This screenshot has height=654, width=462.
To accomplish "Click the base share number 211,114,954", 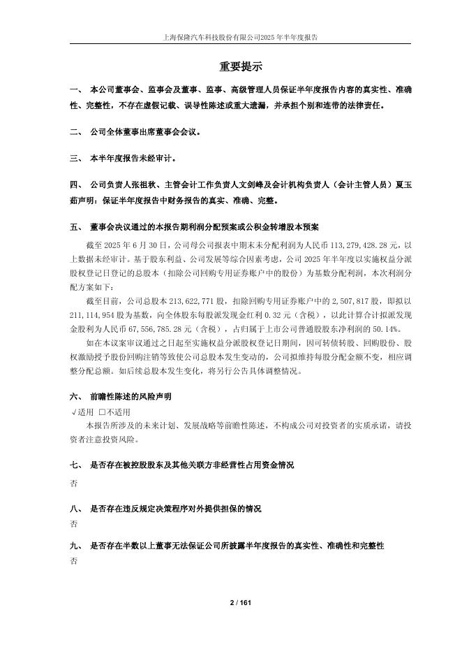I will click(100, 312).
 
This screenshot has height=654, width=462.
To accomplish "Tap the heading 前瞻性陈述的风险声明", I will click(131, 395).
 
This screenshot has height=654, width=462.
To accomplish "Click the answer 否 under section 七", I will click(74, 483).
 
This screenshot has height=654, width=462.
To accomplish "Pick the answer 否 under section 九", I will click(74, 562).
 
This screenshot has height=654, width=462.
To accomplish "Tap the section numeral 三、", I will click(76, 159).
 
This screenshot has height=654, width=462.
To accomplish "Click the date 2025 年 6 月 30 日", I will click(133, 246).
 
